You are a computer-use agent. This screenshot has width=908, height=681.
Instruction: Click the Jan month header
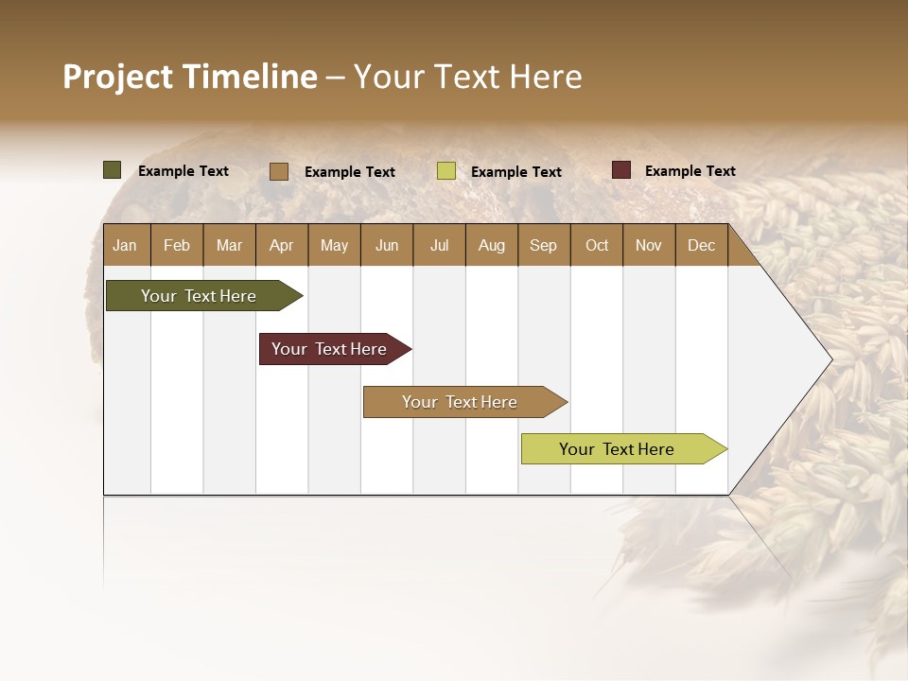[x=125, y=245]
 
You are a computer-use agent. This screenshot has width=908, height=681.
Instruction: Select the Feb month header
[x=177, y=245]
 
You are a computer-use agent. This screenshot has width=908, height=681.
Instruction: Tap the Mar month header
[x=229, y=245]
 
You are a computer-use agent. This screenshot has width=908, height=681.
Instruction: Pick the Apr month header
[x=281, y=245]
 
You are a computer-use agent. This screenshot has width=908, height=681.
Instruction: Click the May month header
[x=334, y=245]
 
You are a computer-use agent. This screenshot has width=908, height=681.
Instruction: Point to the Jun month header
[x=387, y=245]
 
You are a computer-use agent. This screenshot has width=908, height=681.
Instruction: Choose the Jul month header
[x=439, y=245]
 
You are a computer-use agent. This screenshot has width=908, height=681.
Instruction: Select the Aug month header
[x=491, y=245]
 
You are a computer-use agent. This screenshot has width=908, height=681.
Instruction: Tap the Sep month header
[x=543, y=245]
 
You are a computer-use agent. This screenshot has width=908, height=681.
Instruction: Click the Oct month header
[x=597, y=245]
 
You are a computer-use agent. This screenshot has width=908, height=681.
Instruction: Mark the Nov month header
[x=649, y=245]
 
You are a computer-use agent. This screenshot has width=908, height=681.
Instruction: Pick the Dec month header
[x=701, y=245]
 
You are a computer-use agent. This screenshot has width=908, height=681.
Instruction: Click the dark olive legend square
[x=112, y=170]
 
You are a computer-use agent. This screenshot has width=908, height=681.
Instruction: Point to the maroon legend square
[x=621, y=170]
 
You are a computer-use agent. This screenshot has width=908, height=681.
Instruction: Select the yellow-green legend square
[x=446, y=171]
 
